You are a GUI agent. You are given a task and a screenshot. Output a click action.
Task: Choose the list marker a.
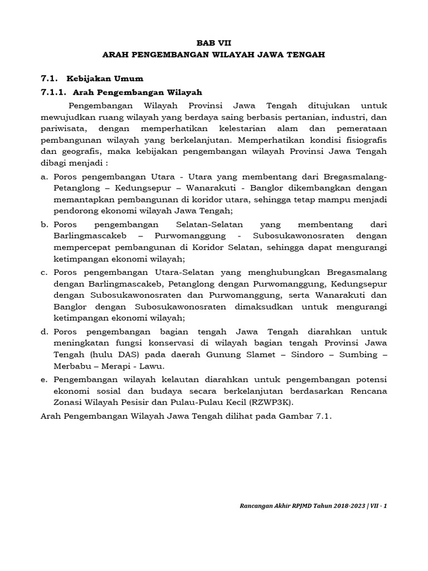[x=44, y=176]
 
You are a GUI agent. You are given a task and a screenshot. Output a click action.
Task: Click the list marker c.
[x=44, y=272]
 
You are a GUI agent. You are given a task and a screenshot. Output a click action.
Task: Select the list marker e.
[x=44, y=379]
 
